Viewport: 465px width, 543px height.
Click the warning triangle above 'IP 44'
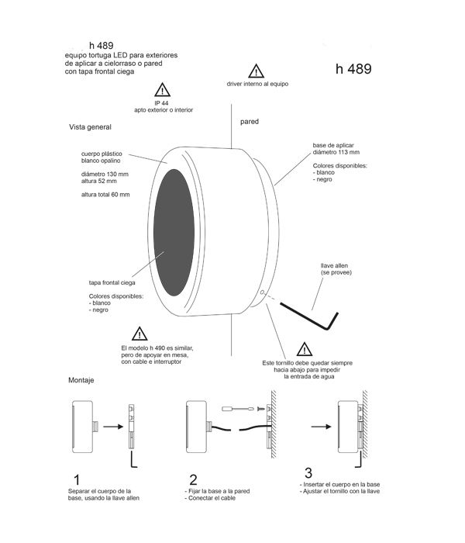(x=162, y=90)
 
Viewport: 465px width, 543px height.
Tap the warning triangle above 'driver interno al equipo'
(x=256, y=71)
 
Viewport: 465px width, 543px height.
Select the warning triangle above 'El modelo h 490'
(x=139, y=334)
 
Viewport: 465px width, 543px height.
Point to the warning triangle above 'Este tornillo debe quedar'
(x=305, y=349)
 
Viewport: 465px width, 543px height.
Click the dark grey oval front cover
(x=174, y=233)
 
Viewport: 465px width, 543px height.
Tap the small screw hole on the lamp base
(x=262, y=292)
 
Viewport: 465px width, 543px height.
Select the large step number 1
(x=77, y=480)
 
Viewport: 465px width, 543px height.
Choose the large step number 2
(x=193, y=479)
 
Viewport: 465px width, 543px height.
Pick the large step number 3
(x=308, y=472)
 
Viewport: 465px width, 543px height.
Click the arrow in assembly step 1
(x=113, y=427)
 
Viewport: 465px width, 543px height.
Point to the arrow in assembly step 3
(x=321, y=427)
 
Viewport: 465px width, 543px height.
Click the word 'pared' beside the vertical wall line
(x=250, y=122)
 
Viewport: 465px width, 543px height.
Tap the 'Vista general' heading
(x=90, y=127)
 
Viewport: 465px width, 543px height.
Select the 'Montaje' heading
(x=81, y=380)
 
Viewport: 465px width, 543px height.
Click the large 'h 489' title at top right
(x=353, y=69)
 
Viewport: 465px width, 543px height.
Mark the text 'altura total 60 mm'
(x=105, y=195)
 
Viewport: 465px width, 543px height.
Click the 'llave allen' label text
(x=334, y=265)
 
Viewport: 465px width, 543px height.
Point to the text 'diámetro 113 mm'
(x=336, y=152)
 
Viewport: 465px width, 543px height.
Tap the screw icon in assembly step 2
(x=261, y=409)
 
